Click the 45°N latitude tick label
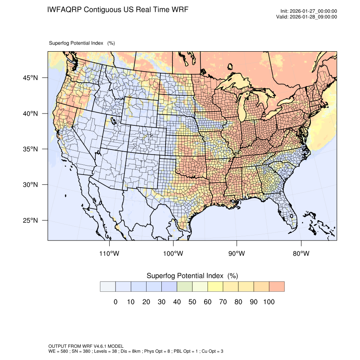pyautogui.click(x=30, y=78)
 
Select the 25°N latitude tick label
pyautogui.click(x=30, y=221)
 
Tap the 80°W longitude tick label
pyautogui.click(x=301, y=254)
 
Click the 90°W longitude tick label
pyautogui.click(x=237, y=254)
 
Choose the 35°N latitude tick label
pyautogui.click(x=30, y=150)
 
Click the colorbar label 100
pyautogui.click(x=269, y=302)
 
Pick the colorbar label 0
pyautogui.click(x=115, y=302)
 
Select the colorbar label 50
pyautogui.click(x=192, y=302)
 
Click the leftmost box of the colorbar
pyautogui.click(x=108, y=287)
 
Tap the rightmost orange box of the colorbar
pyautogui.click(x=277, y=287)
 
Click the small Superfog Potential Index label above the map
pyautogui.click(x=82, y=43)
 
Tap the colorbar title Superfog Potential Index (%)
pyautogui.click(x=192, y=276)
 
